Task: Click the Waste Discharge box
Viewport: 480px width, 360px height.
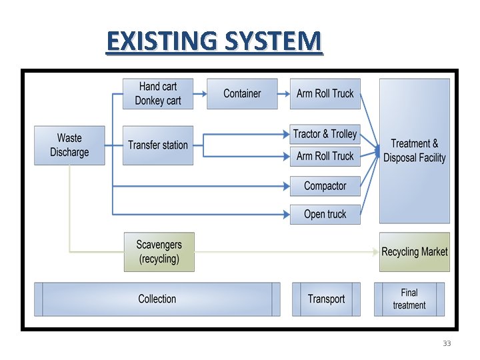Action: (69, 145)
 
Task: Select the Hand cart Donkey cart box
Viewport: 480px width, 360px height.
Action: (158, 94)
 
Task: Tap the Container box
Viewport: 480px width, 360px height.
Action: (242, 94)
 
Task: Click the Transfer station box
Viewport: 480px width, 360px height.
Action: (158, 145)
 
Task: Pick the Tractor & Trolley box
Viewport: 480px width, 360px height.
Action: (325, 134)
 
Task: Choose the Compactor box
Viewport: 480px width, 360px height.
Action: (325, 186)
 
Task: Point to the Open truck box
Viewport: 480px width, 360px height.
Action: (325, 214)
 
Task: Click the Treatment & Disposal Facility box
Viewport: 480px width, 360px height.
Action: (414, 151)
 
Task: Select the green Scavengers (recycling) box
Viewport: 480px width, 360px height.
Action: (159, 252)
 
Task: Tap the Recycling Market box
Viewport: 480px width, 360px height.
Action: (414, 252)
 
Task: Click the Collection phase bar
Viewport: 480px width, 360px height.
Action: (157, 299)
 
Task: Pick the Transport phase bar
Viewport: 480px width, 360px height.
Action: (326, 299)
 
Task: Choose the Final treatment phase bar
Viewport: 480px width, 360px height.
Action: (409, 299)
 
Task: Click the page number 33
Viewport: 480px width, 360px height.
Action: (447, 343)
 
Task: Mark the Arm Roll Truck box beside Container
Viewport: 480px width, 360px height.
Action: (325, 94)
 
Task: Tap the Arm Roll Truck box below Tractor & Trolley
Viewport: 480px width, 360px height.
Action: (325, 157)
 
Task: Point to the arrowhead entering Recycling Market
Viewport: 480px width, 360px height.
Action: (375, 252)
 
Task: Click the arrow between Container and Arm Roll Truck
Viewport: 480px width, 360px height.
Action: (283, 94)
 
